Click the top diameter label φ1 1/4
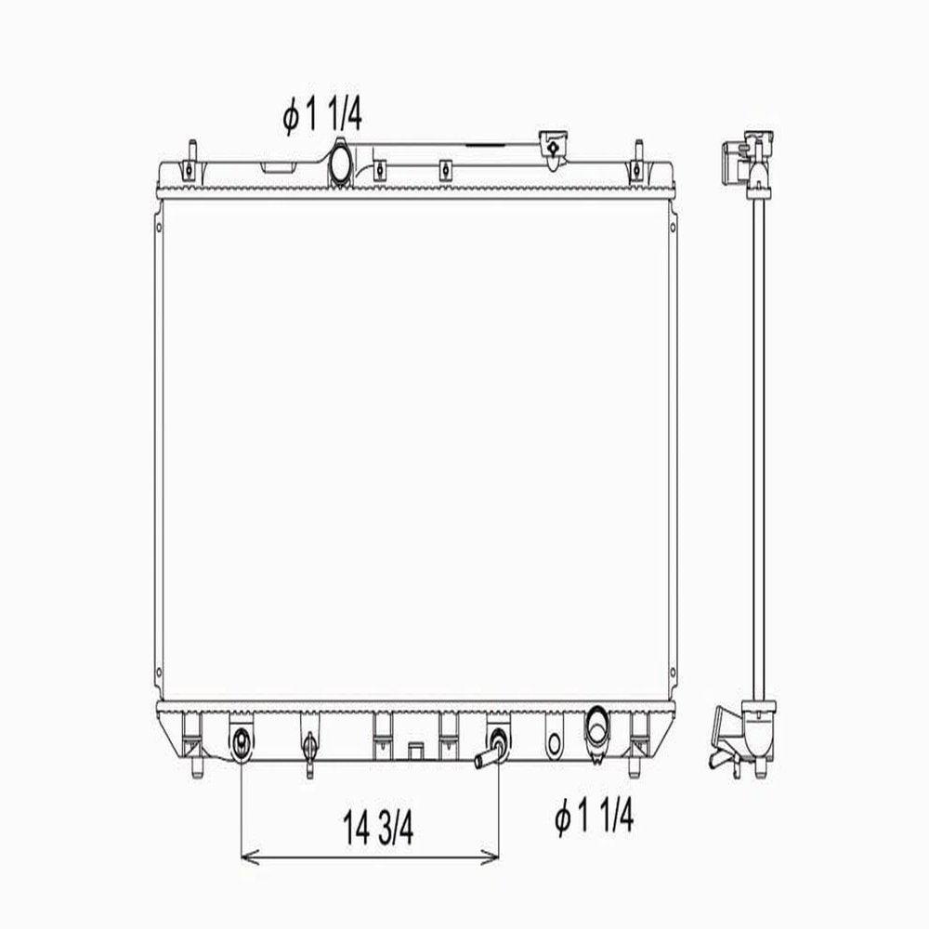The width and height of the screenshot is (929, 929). (x=321, y=116)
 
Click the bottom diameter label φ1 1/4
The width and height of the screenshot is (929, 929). (x=595, y=817)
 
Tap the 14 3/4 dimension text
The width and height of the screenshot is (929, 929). (x=378, y=828)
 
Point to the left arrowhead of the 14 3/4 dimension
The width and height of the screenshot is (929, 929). (x=249, y=857)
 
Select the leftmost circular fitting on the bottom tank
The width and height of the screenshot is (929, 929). (x=242, y=740)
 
